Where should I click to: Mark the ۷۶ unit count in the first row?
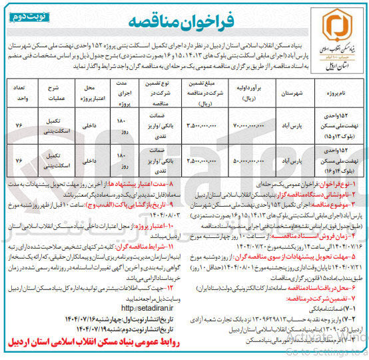pyautogui.click(x=19, y=125)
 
